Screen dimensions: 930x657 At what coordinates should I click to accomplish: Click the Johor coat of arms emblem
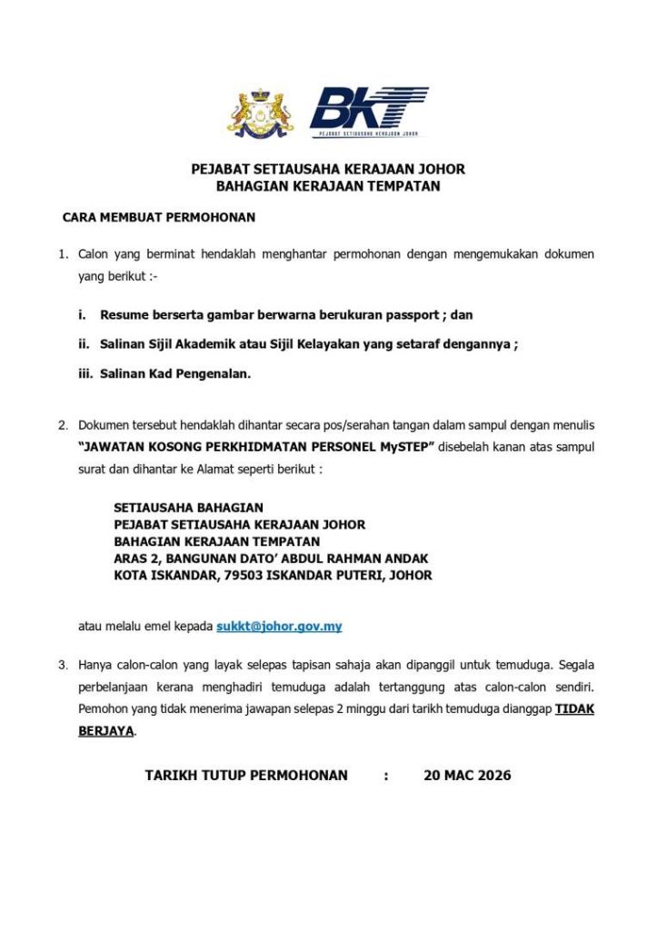260,114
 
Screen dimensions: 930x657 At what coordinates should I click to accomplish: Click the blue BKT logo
368,112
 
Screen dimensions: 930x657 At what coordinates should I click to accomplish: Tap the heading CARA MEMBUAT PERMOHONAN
159,218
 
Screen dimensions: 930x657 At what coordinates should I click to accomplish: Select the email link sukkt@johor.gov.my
279,627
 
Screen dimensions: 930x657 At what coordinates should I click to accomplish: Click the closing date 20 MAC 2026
467,776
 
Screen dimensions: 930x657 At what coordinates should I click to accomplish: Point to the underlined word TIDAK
574,709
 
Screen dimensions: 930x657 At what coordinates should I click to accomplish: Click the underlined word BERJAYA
105,730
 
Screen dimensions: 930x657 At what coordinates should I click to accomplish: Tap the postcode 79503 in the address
244,576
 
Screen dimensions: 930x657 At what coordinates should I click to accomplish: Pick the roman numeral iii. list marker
85,373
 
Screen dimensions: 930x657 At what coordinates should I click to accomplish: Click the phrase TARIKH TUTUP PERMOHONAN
246,776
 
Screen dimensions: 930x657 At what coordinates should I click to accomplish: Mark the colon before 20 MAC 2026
386,776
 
